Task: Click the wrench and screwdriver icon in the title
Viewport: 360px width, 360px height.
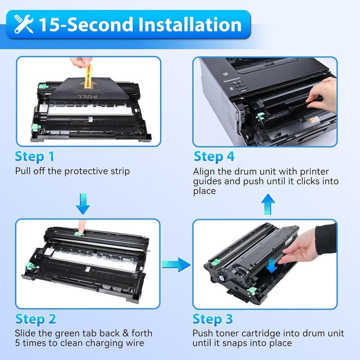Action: click(x=24, y=24)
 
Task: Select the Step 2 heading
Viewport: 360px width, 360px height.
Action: click(x=36, y=319)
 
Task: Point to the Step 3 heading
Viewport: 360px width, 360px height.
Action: click(x=213, y=319)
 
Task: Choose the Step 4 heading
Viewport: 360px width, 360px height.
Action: click(x=214, y=157)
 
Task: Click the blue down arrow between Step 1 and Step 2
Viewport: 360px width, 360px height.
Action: click(x=83, y=203)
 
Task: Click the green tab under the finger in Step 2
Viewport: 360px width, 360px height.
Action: click(x=80, y=234)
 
